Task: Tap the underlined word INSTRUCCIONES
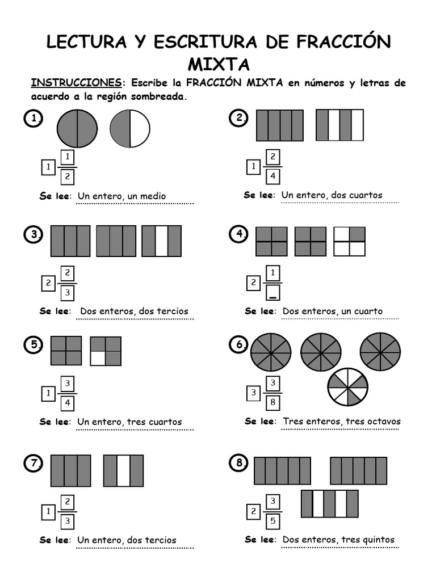click(76, 83)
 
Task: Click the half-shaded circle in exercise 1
click(130, 129)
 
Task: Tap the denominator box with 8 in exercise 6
click(273, 403)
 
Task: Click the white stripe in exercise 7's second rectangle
click(124, 470)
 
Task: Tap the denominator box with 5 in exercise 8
click(273, 520)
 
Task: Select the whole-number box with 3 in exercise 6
click(254, 393)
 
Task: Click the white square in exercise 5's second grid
click(98, 358)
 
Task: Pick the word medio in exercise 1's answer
click(153, 196)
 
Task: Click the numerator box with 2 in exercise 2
click(273, 157)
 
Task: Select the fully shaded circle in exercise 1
click(77, 129)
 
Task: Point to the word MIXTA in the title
click(218, 63)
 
